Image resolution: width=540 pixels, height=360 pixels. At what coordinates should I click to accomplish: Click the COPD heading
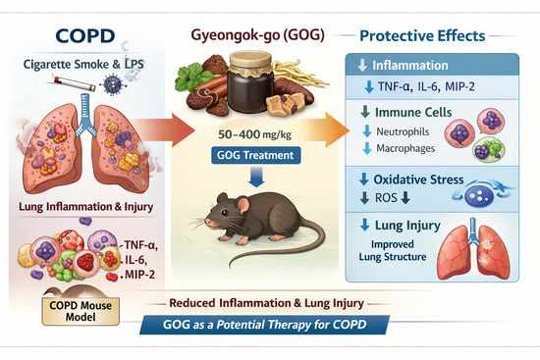(x=85, y=35)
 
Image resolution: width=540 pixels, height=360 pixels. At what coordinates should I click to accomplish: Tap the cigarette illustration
(x=74, y=84)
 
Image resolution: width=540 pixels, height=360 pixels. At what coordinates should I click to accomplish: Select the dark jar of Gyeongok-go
(x=250, y=82)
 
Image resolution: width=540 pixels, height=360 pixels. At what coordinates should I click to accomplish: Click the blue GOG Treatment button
(x=255, y=155)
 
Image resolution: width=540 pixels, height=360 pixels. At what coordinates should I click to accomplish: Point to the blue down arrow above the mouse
(x=256, y=177)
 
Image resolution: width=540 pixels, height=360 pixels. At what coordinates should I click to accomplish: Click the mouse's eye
(x=224, y=212)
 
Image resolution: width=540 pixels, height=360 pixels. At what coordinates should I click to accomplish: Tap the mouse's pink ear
(x=243, y=205)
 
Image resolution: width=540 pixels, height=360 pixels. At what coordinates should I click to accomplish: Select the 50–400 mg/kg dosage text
(x=254, y=134)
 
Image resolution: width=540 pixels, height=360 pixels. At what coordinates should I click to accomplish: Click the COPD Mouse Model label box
(x=81, y=311)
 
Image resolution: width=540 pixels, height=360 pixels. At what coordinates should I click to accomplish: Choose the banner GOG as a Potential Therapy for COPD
(x=264, y=325)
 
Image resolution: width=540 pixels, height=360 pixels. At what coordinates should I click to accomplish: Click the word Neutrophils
(x=403, y=131)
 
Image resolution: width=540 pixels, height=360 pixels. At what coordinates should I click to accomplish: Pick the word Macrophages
(x=405, y=148)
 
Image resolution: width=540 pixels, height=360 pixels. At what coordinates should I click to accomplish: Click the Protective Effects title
(x=422, y=35)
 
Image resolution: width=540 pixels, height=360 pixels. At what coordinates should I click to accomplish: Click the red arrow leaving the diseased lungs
(x=164, y=130)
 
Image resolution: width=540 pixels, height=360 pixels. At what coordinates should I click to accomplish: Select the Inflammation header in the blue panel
(x=410, y=66)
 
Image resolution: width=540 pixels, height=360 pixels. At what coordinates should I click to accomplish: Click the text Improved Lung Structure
(x=393, y=250)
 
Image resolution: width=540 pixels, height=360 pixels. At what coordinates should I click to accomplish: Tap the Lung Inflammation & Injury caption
(x=85, y=207)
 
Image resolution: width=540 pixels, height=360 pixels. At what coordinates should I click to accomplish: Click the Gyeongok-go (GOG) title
(x=257, y=35)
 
